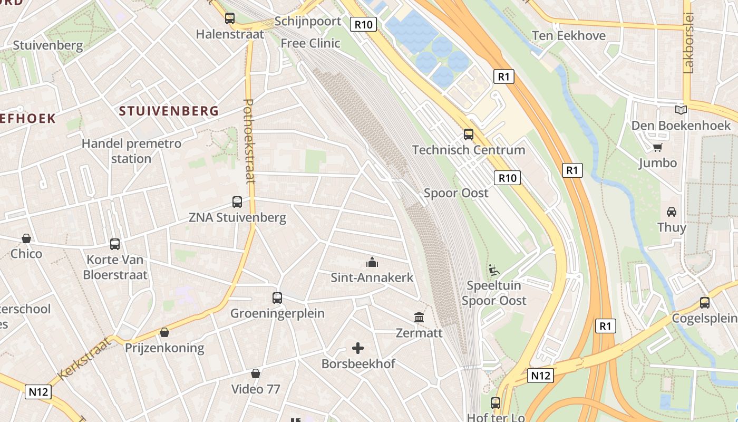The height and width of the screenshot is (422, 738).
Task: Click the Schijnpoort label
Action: [x=308, y=22]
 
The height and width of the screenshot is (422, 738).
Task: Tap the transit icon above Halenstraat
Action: [x=230, y=18]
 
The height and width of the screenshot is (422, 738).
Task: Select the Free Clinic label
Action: [x=310, y=43]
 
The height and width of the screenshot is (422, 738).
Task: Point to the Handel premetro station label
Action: [x=131, y=151]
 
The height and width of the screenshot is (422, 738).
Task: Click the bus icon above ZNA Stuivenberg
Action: [x=237, y=202]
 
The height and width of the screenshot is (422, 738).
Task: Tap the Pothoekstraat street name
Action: [x=249, y=141]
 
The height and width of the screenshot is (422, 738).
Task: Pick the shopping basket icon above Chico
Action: [x=26, y=238]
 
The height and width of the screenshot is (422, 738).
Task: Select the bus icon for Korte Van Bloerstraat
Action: [x=115, y=244]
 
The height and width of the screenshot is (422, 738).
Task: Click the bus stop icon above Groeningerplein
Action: [x=277, y=298]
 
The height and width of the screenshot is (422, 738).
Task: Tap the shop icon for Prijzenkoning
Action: [x=164, y=332]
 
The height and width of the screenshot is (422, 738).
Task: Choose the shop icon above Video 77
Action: [x=256, y=373]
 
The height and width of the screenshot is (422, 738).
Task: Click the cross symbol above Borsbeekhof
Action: [x=358, y=348]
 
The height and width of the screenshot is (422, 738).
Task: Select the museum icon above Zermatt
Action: [x=419, y=318]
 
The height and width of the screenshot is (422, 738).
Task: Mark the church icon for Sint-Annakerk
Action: [x=372, y=262]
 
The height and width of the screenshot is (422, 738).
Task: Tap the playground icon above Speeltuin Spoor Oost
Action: [x=494, y=270]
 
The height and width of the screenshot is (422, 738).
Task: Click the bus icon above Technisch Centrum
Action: [x=468, y=135]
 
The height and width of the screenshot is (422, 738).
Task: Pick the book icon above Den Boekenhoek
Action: [x=681, y=110]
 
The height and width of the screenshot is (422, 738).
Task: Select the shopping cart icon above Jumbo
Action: [x=657, y=147]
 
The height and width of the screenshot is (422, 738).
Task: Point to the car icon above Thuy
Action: [x=672, y=212]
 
